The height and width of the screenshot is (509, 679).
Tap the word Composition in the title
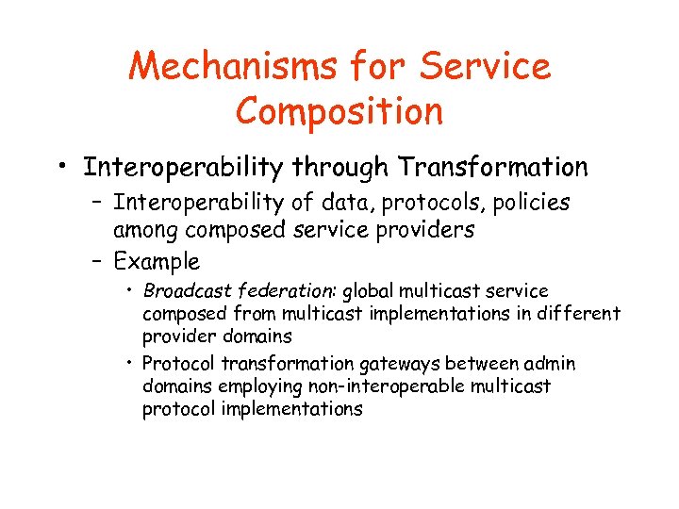339,110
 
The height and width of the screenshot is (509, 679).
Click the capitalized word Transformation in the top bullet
493,168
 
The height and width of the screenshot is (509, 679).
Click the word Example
157,261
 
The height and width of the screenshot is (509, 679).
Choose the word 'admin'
551,364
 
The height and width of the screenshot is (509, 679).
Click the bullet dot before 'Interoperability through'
61,170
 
